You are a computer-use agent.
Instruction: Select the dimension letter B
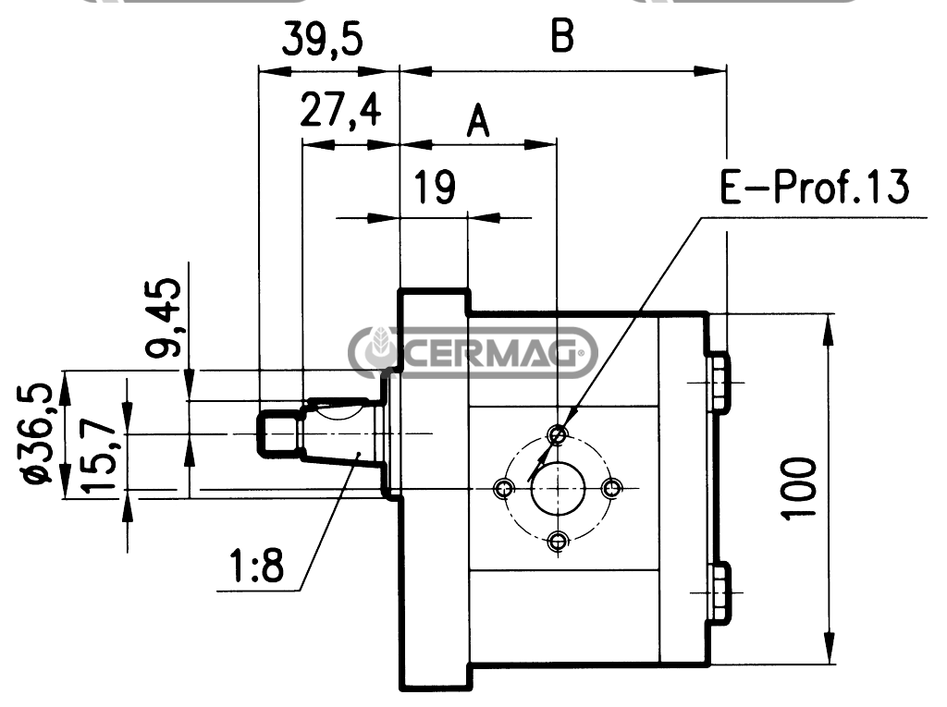[562, 37]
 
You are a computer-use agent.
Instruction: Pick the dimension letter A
[477, 121]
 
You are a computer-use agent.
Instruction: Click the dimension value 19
[434, 188]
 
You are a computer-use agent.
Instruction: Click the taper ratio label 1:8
[257, 567]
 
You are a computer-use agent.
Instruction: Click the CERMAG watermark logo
[473, 352]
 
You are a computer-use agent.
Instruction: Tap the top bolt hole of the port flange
[557, 433]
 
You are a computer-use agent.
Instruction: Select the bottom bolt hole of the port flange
[557, 542]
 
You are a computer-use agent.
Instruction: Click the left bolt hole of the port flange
[503, 488]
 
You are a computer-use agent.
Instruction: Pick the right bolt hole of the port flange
[610, 488]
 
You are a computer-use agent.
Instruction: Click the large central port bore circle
[557, 488]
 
